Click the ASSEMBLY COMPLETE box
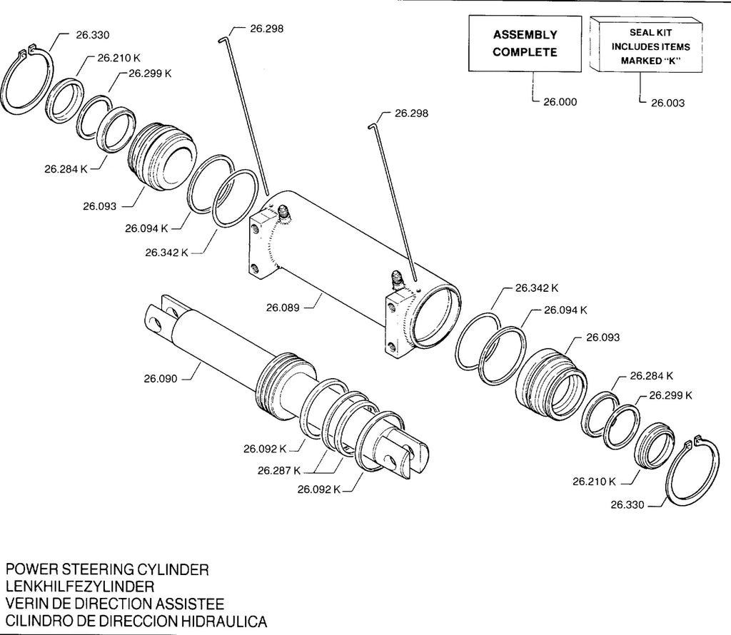coord(525,44)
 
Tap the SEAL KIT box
coord(646,45)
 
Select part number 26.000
coord(560,102)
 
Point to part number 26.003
coord(667,103)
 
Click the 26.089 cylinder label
coord(283,308)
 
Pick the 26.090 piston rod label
coord(161,379)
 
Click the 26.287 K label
coord(279,471)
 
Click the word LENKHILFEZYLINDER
coord(80,586)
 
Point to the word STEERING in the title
coord(98,569)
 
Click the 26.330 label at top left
coord(93,35)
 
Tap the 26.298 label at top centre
coord(267,29)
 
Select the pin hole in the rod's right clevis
coord(390,462)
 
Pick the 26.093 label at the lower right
coord(603,337)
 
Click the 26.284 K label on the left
coord(66,168)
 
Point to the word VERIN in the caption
coord(26,604)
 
